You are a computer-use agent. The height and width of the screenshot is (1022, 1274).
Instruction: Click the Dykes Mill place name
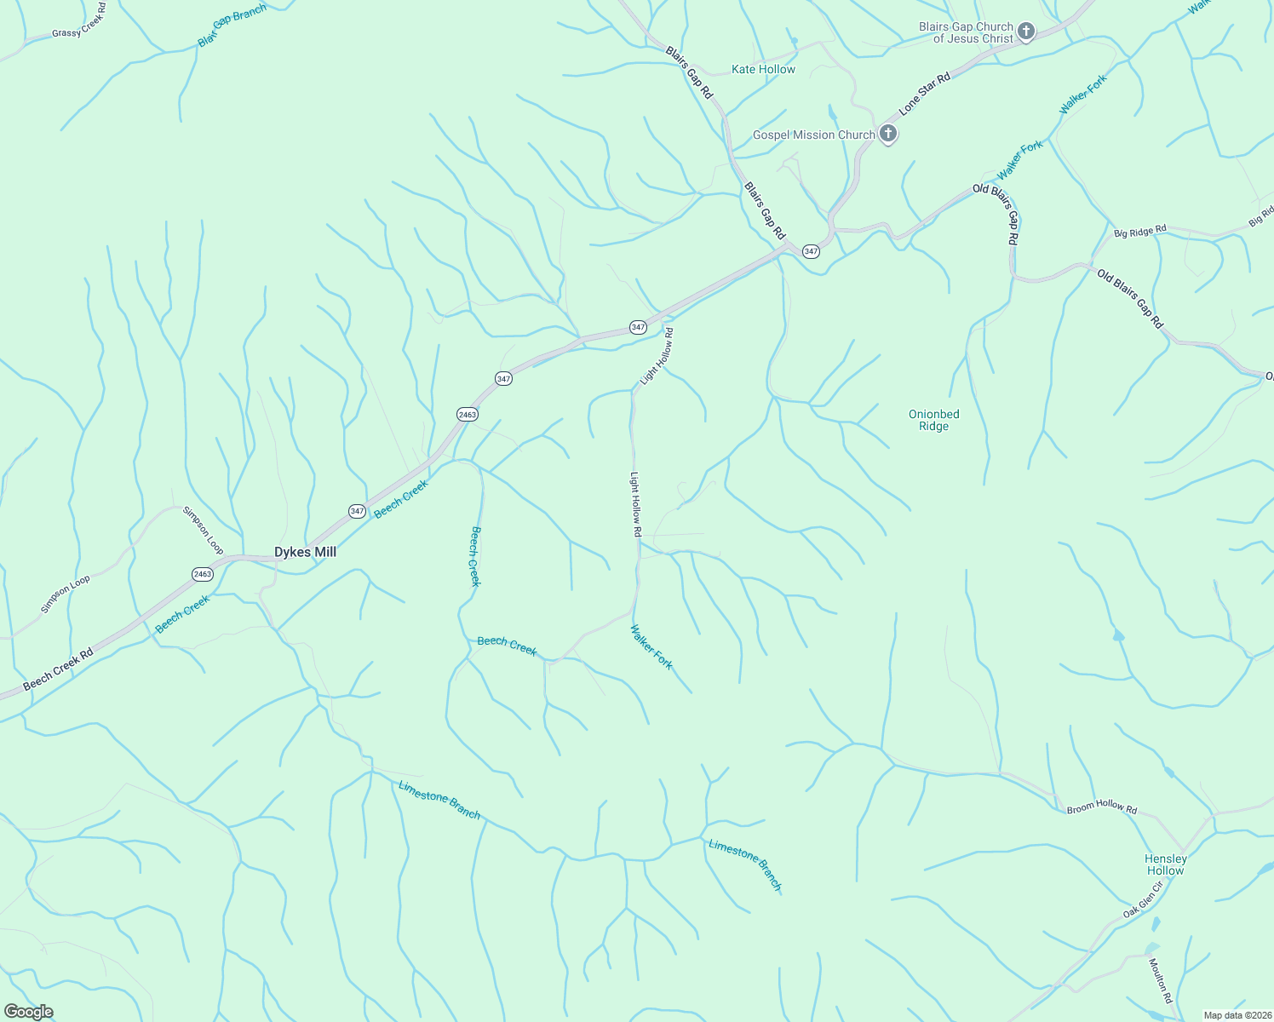click(305, 552)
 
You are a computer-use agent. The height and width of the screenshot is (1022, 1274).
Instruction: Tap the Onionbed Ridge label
click(933, 420)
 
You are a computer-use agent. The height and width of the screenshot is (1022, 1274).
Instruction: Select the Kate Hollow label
click(763, 69)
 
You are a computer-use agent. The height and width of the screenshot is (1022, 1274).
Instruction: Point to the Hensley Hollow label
click(1165, 864)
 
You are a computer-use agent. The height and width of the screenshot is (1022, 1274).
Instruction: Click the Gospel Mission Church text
click(813, 135)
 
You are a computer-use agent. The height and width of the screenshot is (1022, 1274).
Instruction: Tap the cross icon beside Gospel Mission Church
click(887, 133)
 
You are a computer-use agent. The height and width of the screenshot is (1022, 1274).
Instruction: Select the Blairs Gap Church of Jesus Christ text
click(966, 32)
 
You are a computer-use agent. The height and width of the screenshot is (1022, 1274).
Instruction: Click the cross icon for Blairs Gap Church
click(1026, 32)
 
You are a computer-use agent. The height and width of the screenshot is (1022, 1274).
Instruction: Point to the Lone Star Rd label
click(924, 94)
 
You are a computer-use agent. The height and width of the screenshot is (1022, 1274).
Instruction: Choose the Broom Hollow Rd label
click(1101, 807)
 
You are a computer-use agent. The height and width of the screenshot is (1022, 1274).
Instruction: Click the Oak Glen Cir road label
click(1142, 900)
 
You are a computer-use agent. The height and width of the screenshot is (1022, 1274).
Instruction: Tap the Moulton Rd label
click(1160, 980)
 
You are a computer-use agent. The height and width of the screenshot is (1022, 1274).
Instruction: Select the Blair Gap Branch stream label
click(232, 26)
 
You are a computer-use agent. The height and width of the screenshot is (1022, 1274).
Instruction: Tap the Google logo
click(28, 1012)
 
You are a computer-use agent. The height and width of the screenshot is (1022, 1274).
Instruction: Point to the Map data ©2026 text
click(1236, 1015)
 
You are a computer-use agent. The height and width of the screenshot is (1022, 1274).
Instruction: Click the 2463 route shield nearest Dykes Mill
click(202, 574)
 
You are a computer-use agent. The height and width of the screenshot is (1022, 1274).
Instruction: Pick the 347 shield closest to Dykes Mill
click(357, 511)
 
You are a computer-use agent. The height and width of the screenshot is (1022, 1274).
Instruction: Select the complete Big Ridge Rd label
click(1139, 231)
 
